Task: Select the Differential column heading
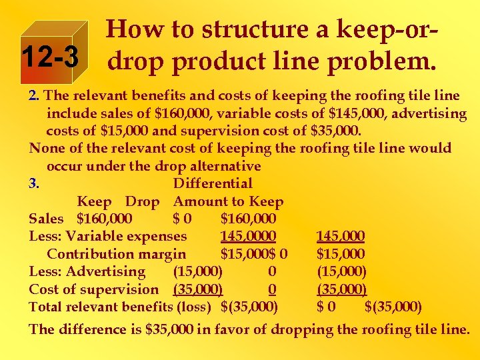213,183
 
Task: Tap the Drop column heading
142,201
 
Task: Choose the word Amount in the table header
200,201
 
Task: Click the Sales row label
46,219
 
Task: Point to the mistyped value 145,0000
248,236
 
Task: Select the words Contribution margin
117,254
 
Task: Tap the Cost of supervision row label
94,289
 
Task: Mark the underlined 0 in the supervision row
272,289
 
